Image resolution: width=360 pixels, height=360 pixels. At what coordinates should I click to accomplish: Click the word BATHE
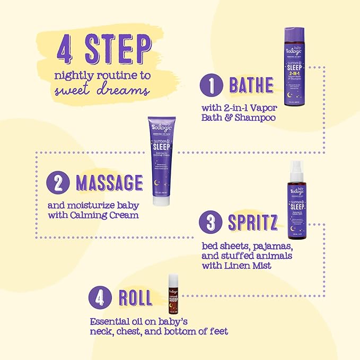pyautogui.click(x=251, y=85)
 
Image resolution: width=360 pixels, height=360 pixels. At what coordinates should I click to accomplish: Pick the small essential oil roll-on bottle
pyautogui.click(x=173, y=295)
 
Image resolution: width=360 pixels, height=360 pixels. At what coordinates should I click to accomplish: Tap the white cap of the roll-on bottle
pyautogui.click(x=173, y=278)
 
